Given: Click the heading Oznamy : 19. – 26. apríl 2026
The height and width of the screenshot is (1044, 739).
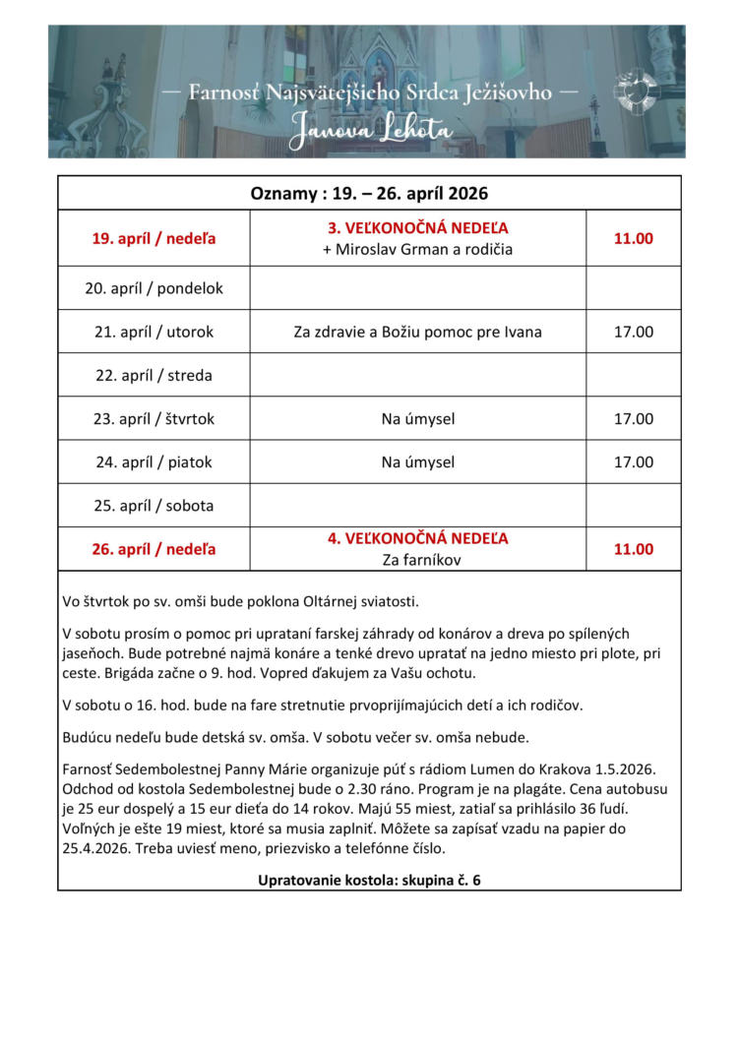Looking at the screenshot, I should click(x=369, y=193).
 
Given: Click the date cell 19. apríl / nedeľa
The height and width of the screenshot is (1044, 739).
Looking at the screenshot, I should click(x=154, y=238).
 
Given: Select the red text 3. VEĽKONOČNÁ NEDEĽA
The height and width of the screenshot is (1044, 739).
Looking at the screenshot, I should click(x=418, y=228).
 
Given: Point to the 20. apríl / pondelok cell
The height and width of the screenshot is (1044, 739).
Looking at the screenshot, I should click(x=154, y=288).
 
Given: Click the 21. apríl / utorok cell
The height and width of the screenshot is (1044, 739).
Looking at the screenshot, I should click(x=154, y=332).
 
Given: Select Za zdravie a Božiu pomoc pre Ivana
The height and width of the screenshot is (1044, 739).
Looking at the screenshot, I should click(x=418, y=332).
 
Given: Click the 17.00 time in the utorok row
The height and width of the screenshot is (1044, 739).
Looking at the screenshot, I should click(x=634, y=332).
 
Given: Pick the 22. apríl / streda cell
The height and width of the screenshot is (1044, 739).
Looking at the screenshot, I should click(x=154, y=375).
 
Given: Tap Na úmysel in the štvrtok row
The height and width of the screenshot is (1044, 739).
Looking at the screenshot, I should click(x=418, y=418).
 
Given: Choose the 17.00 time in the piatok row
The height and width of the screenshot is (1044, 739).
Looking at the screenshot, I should click(x=634, y=461).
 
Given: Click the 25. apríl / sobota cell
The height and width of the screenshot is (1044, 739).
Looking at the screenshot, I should click(x=154, y=506).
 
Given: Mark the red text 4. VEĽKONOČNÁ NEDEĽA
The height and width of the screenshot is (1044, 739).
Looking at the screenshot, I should click(x=418, y=539).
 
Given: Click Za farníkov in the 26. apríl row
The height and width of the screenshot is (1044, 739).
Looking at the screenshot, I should click(x=418, y=561).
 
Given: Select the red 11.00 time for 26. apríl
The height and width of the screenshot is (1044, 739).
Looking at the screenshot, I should click(x=634, y=549).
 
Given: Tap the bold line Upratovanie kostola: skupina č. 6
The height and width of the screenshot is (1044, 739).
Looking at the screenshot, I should click(x=369, y=879).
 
